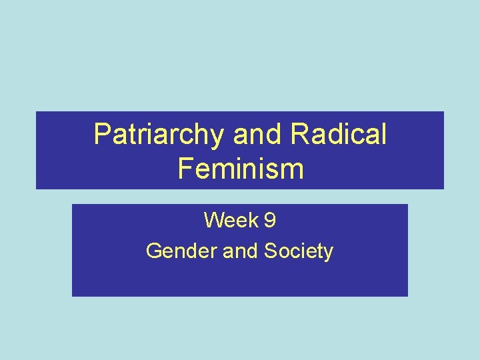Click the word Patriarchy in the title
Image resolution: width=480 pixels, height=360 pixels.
click(x=160, y=135)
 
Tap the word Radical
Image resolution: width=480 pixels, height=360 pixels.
click(x=339, y=135)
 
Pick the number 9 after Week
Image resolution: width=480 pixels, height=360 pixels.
click(x=270, y=219)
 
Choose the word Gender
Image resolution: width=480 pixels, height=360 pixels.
click(x=175, y=251)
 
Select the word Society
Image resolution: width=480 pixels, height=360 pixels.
click(x=299, y=251)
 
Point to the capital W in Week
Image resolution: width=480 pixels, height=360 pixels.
click(x=213, y=219)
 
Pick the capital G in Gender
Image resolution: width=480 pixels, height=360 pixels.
click(x=153, y=251)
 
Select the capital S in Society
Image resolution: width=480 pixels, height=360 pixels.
click(x=271, y=251)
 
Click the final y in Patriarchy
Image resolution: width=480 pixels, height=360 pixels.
click(x=219, y=137)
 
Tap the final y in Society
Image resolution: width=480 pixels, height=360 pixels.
click(x=328, y=254)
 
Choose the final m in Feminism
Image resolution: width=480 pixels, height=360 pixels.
click(x=292, y=170)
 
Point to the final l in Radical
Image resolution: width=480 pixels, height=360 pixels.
click(x=383, y=135)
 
